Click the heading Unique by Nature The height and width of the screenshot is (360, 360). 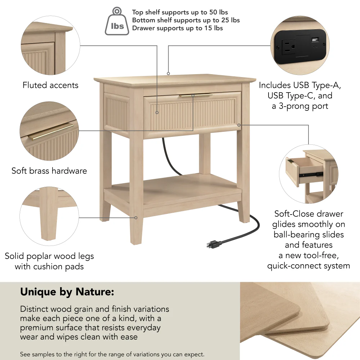(x=67, y=292)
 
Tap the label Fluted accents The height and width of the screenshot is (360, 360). (x=50, y=85)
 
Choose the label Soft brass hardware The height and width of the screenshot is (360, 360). (x=49, y=171)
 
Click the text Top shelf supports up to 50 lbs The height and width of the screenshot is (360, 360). (x=180, y=13)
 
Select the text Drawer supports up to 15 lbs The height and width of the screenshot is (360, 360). (x=177, y=28)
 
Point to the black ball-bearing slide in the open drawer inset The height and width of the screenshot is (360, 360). (x=310, y=174)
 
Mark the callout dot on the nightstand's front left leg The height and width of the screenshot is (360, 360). (x=136, y=217)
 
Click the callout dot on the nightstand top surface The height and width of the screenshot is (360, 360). (x=168, y=74)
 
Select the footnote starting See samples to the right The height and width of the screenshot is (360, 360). (x=112, y=354)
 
